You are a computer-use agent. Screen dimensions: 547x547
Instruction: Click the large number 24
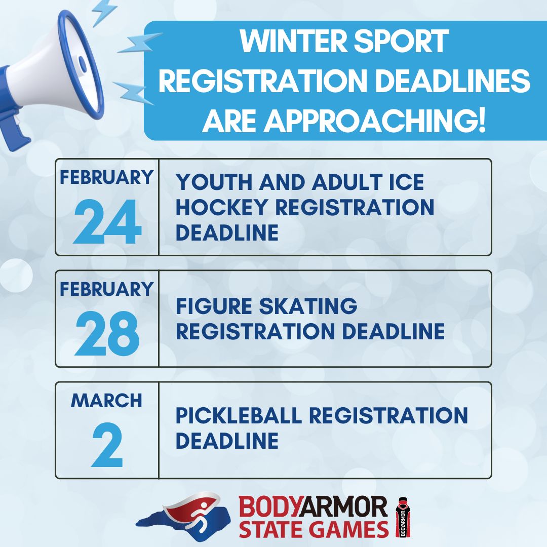107,223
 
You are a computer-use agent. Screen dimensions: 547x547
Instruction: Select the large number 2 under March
107,446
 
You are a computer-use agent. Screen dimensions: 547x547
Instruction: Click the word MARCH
107,401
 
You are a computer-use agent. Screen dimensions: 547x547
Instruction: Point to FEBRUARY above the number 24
107,178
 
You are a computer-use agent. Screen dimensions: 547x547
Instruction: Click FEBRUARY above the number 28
107,289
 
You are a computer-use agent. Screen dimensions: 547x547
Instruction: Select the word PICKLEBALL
239,415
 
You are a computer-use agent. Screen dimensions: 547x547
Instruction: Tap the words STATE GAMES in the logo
314,529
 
